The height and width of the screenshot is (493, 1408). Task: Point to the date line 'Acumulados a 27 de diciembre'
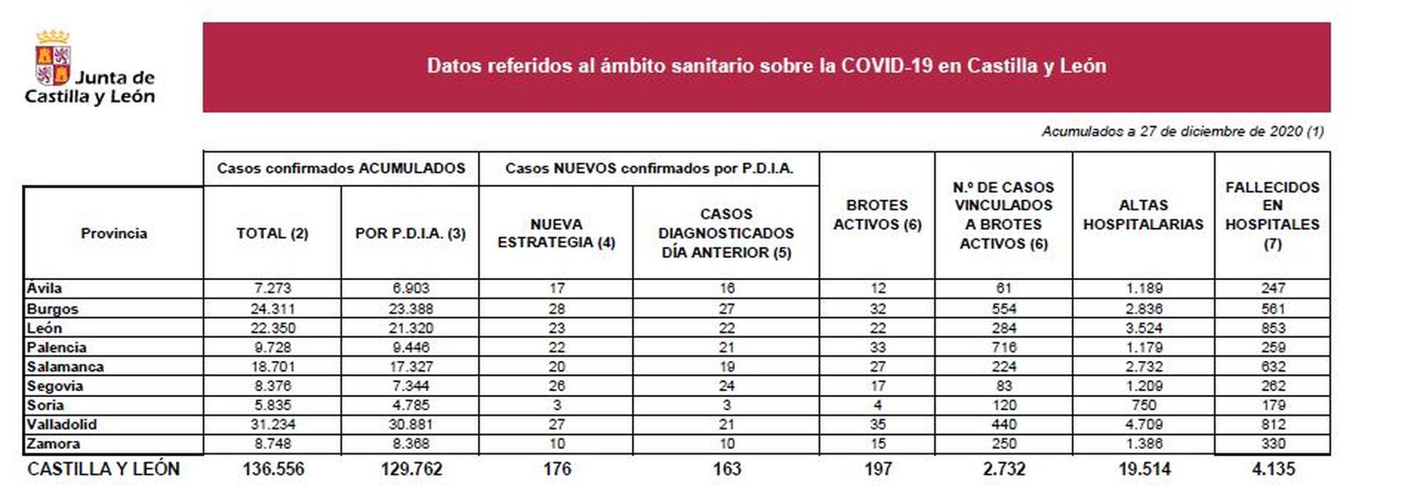coord(1182,131)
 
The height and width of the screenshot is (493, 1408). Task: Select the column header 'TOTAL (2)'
coord(272,233)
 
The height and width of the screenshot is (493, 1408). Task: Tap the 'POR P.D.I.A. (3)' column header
coord(410,233)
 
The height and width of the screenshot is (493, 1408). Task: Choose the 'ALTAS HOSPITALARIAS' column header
coord(1142,215)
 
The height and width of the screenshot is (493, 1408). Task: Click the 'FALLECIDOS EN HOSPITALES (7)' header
coord(1272,215)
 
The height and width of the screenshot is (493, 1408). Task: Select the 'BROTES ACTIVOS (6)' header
coord(876,215)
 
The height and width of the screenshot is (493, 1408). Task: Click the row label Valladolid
coord(62,424)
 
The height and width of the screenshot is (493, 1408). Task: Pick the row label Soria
coord(45,405)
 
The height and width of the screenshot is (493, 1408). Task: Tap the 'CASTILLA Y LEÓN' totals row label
coord(103,469)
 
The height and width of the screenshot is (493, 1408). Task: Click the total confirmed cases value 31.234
coord(272,424)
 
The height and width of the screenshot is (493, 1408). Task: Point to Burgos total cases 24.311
coord(272,309)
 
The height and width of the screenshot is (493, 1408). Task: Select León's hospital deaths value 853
coord(1272,328)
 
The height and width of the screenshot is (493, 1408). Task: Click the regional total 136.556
coord(273,469)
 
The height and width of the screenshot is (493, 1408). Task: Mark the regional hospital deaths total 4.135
coord(1272,469)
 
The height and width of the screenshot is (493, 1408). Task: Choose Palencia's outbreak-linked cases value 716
coord(1003,348)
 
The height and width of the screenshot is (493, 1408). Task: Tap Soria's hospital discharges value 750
coord(1143,405)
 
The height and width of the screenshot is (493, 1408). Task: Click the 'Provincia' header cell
coord(114,233)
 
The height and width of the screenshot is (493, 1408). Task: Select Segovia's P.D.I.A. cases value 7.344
coord(410,386)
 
